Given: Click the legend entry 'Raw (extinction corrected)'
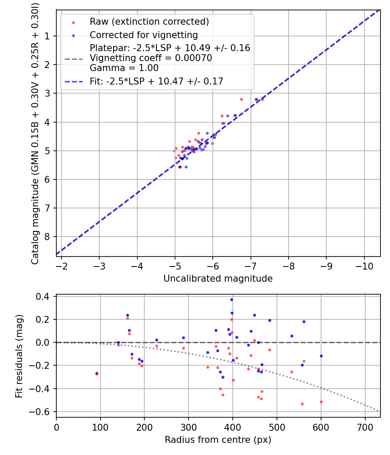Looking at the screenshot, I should click(x=149, y=22).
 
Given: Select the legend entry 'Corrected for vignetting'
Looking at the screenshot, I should click(x=143, y=35).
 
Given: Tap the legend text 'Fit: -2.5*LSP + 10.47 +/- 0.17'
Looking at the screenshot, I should click(x=156, y=81).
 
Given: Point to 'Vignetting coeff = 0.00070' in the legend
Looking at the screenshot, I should click(x=151, y=58).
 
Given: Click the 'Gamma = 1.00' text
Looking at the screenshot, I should click(x=124, y=68).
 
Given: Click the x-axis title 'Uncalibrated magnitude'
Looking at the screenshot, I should click(x=218, y=279).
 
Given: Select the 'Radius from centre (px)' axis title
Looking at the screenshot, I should click(x=218, y=440).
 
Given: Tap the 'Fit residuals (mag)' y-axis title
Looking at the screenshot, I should click(x=19, y=356).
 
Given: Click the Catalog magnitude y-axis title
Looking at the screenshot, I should click(x=35, y=133).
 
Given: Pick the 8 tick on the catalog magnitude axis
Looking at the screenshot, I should click(x=47, y=237).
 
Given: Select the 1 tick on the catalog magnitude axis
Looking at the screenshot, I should click(x=47, y=36).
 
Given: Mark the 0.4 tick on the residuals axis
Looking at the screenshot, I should click(x=44, y=296).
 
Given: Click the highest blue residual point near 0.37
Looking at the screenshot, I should click(x=231, y=299).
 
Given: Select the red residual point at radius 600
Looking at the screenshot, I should click(x=321, y=402).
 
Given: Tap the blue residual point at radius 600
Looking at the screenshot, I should click(x=321, y=356).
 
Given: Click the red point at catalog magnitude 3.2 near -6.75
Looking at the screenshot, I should click(x=241, y=99).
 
